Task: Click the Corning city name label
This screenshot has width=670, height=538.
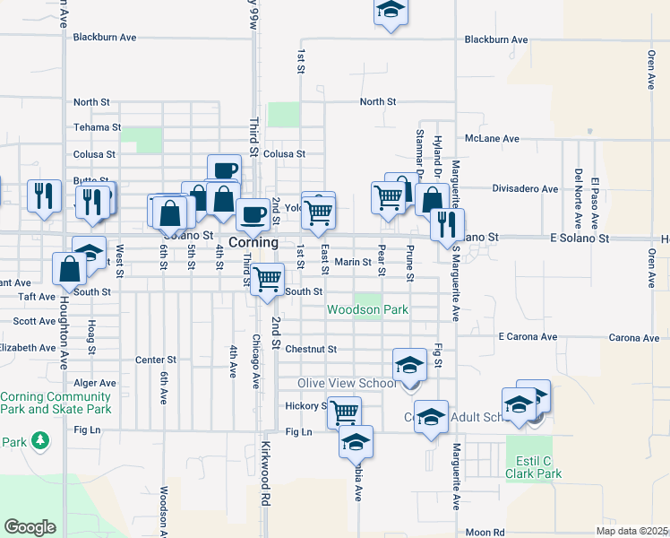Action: [253, 243]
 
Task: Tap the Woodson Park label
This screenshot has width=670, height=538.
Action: [367, 310]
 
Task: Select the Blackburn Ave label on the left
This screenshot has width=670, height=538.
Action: [105, 38]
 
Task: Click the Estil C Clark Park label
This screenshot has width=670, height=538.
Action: [535, 466]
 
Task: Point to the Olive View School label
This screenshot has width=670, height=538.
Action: [346, 384]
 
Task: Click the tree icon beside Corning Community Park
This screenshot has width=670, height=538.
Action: [40, 440]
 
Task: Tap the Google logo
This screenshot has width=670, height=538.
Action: [30, 527]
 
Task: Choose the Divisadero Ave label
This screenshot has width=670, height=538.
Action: [525, 189]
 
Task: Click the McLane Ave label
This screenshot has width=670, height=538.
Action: [492, 139]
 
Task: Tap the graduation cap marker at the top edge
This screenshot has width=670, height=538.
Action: [390, 10]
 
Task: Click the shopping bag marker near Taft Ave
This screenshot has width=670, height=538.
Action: [69, 268]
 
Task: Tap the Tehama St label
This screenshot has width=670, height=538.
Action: [96, 127]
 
